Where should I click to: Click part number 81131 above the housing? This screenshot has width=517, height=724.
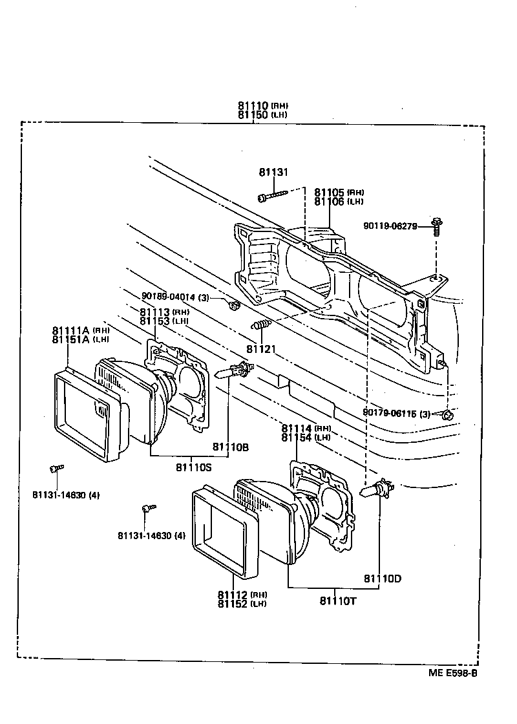(273, 173)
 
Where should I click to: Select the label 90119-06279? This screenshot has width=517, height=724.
(390, 226)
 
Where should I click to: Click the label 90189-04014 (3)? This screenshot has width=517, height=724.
(175, 297)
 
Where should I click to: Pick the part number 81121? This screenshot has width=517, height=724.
(262, 349)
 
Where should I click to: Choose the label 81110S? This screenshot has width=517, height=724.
(193, 467)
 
